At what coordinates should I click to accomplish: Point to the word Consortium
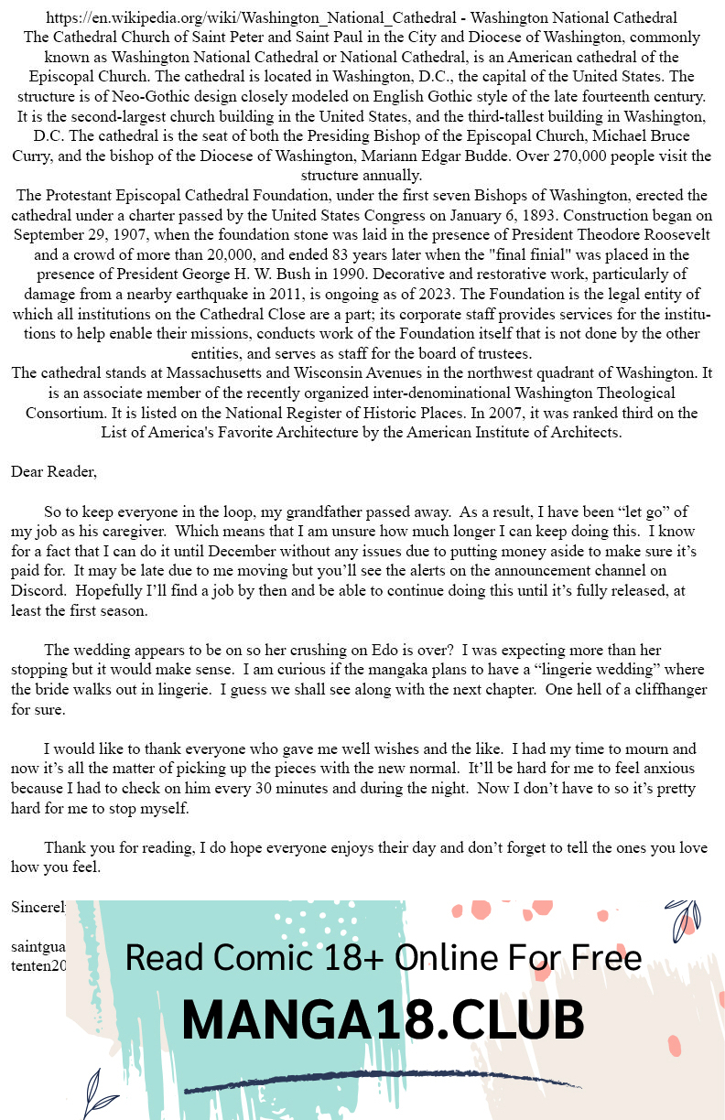coord(63,413)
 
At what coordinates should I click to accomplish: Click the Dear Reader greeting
coord(53,472)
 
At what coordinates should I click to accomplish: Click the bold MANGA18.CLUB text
coord(382,1019)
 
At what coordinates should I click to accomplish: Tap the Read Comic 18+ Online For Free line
coord(382,958)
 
